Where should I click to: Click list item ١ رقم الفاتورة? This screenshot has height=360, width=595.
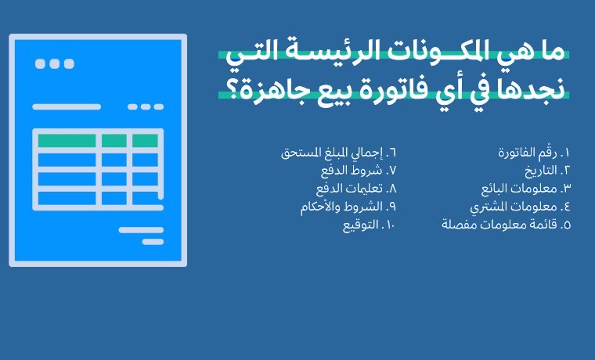[534, 153]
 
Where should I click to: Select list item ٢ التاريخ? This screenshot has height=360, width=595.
[547, 171]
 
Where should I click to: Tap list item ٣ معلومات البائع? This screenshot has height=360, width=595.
[526, 188]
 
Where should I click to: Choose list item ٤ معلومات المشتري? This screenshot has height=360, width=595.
[521, 207]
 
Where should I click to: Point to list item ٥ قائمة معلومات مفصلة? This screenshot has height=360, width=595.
[507, 224]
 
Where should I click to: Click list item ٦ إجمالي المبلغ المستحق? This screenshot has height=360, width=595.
[338, 153]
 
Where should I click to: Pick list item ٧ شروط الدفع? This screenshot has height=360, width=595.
[359, 171]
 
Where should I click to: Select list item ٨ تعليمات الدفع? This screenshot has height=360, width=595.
[356, 188]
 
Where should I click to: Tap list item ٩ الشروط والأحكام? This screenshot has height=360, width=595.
[348, 207]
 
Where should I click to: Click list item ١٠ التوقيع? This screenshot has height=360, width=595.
[370, 225]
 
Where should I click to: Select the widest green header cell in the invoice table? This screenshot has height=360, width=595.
[67, 140]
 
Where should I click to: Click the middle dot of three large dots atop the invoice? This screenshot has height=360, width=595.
[55, 63]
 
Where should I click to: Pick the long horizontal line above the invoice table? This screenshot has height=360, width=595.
[67, 107]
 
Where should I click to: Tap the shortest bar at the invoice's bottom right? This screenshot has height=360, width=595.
[153, 242]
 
